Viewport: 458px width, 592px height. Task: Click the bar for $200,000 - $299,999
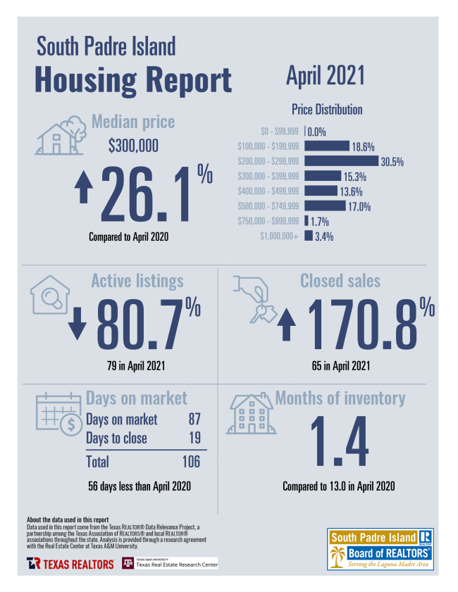342,161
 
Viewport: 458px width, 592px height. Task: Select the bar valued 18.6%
327,146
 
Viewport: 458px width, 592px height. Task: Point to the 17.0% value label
359,206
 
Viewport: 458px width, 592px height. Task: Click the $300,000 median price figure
133,146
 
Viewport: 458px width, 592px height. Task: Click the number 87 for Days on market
194,420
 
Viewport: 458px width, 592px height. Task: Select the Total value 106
190,462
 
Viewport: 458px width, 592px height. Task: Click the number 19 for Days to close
194,439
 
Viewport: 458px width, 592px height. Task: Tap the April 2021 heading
325,76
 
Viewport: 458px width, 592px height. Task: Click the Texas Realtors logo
70,564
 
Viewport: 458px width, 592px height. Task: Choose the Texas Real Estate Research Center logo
170,563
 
